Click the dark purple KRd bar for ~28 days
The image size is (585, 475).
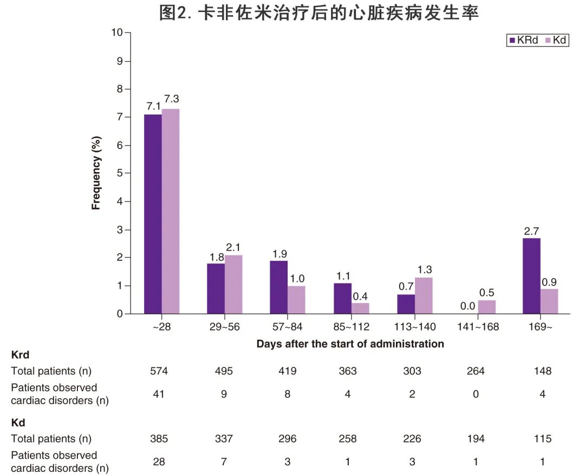[x=153, y=214]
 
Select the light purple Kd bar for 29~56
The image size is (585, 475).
[x=233, y=284]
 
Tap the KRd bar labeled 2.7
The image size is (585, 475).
[x=531, y=275]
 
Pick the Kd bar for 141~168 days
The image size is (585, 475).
[x=486, y=307]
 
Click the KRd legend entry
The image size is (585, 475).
[x=523, y=41]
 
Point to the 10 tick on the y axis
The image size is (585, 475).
[x=118, y=32]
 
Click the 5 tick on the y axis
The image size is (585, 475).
[x=120, y=173]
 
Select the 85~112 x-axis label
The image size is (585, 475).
[x=351, y=327]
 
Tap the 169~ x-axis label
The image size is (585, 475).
[x=540, y=327]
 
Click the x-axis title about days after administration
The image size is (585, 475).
[x=350, y=344]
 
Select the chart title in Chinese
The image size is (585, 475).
[x=319, y=13]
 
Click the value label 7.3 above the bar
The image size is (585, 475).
[x=171, y=99]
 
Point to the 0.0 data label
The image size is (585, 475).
[x=468, y=306]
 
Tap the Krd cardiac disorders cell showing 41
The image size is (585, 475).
[x=159, y=394]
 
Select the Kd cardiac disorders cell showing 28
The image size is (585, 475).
[x=159, y=462]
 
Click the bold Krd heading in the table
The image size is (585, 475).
[x=20, y=355]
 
